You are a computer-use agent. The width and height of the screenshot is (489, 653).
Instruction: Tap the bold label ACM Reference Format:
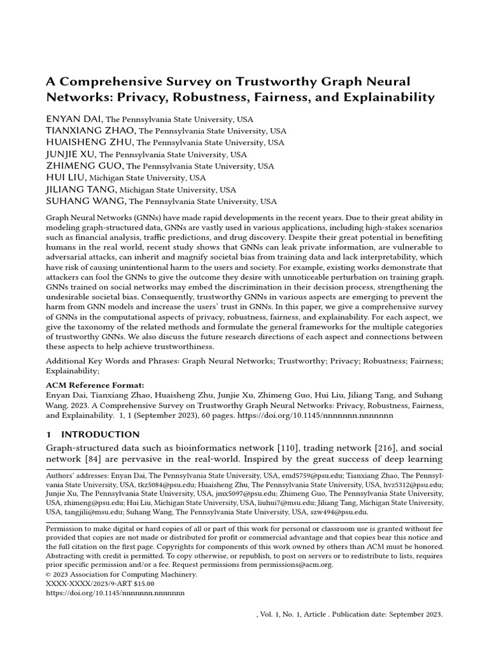pyautogui.click(x=96, y=385)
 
